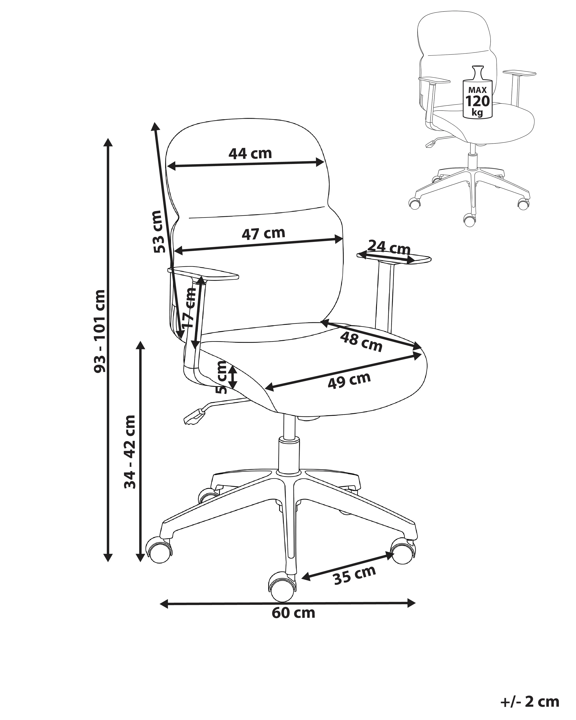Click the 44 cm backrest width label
(250, 153)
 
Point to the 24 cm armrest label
(389, 248)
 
